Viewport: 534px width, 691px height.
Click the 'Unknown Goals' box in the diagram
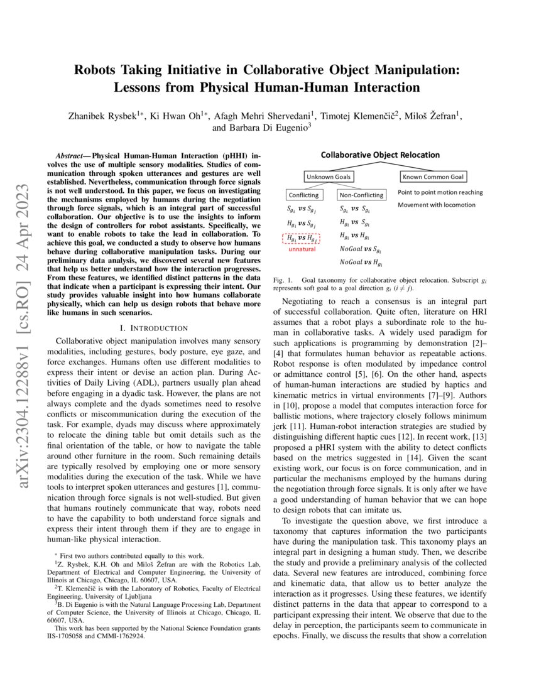click(329, 177)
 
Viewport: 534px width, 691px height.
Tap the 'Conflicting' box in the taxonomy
click(303, 195)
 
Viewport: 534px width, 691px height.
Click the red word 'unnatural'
click(302, 249)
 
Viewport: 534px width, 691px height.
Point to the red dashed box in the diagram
click(303, 239)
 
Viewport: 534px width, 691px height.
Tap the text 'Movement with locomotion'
click(437, 205)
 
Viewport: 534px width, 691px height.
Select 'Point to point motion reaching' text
click(440, 192)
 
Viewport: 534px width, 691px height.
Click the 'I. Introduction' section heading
click(153, 328)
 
